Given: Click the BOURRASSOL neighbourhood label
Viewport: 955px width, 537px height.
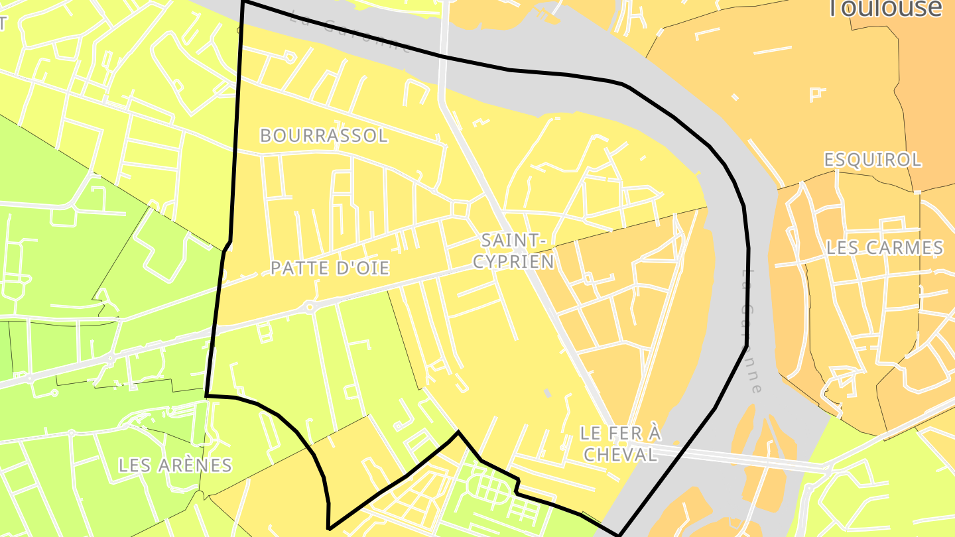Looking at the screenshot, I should (324, 136).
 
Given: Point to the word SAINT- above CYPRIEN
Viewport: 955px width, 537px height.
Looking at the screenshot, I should (514, 239).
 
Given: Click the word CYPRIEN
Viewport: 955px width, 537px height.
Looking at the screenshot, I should (514, 262).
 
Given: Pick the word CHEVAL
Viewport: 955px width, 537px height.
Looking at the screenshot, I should (620, 454).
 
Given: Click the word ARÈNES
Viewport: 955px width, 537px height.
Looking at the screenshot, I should (196, 465).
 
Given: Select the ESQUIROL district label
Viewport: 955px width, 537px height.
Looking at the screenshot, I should (872, 160).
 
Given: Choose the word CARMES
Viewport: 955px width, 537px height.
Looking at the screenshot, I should (906, 248).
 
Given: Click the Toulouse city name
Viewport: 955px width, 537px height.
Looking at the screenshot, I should (885, 8).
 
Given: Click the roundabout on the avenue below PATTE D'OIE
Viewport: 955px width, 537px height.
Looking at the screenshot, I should (310, 306).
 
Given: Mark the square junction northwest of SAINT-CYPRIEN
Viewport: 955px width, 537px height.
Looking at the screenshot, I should (459, 209).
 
